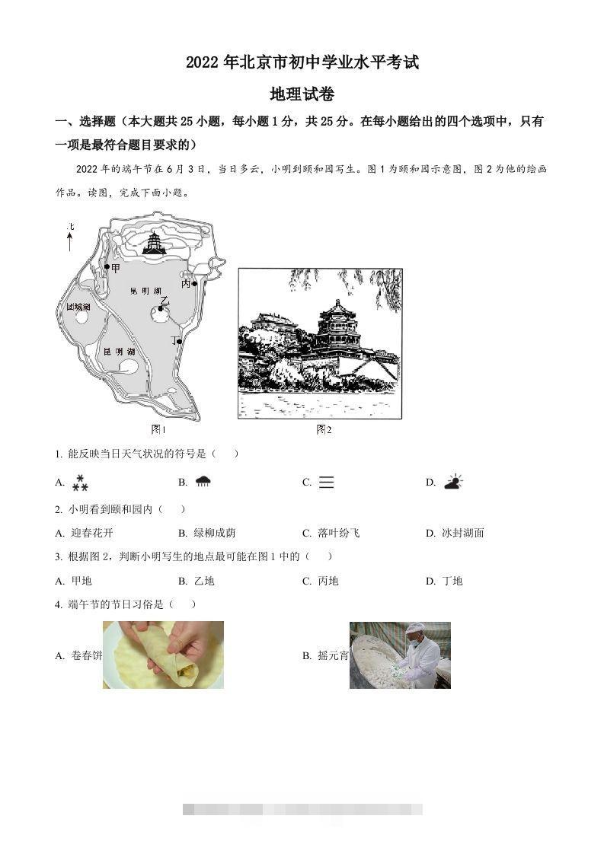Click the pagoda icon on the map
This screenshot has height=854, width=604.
(155, 243)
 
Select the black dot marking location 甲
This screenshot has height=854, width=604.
(107, 267)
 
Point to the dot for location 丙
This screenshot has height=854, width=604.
(195, 284)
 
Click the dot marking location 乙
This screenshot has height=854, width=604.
(161, 308)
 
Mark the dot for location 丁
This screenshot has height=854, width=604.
(180, 342)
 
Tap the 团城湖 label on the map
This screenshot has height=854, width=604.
(78, 307)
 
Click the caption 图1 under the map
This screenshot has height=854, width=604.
(158, 429)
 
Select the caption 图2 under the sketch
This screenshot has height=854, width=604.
(324, 429)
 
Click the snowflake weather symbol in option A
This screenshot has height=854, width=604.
(80, 483)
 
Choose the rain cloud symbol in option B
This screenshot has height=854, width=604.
(203, 482)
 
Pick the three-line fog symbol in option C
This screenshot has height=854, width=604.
(326, 483)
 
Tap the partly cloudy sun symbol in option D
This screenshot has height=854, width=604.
(453, 482)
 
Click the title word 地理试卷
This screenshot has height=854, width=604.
(302, 94)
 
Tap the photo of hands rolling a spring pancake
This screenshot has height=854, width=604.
(163, 655)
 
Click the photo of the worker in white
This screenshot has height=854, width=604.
(400, 655)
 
